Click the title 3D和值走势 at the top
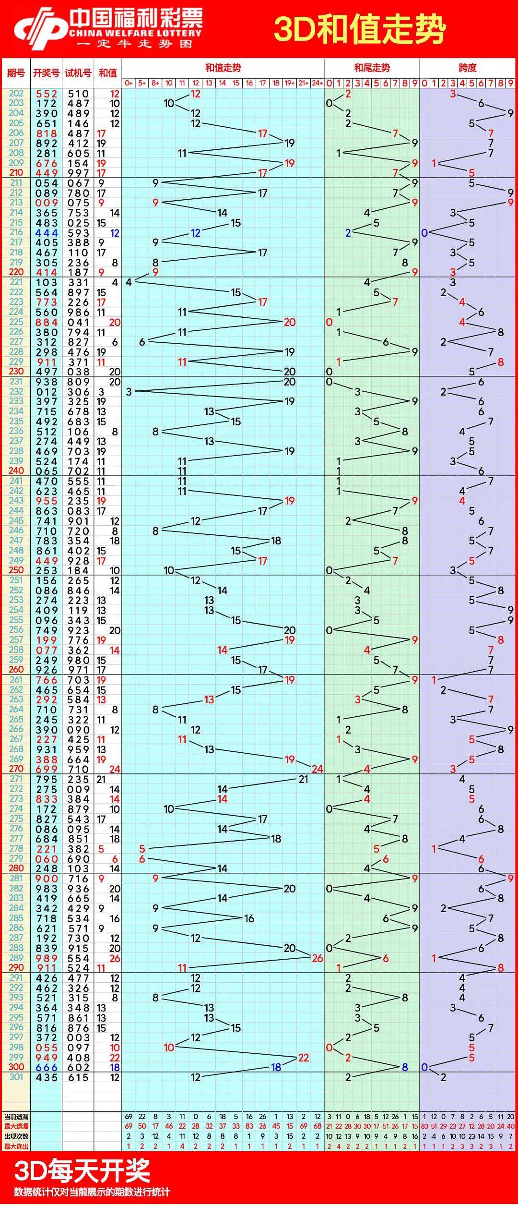pyautogui.click(x=360, y=30)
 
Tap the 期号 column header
pyautogui.click(x=16, y=73)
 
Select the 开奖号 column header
pyautogui.click(x=46, y=73)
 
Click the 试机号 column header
pyautogui.click(x=78, y=73)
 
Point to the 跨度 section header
pyautogui.click(x=467, y=68)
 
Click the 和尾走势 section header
pyautogui.click(x=372, y=68)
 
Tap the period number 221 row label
pyautogui.click(x=16, y=282)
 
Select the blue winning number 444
pyautogui.click(x=47, y=233)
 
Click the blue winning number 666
pyautogui.click(x=47, y=1067)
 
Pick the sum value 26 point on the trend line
pyautogui.click(x=317, y=958)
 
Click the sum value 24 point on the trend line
pyautogui.click(x=317, y=769)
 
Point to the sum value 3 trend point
pyautogui.click(x=129, y=392)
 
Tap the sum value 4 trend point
pyautogui.click(x=129, y=282)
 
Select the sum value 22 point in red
pyautogui.click(x=303, y=1057)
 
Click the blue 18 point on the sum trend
pyautogui.click(x=276, y=1067)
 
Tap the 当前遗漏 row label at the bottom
pyautogui.click(x=16, y=1117)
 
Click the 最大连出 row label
pyautogui.click(x=16, y=1147)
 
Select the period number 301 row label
pyautogui.click(x=16, y=1077)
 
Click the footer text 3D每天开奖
pyautogui.click(x=82, y=1171)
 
